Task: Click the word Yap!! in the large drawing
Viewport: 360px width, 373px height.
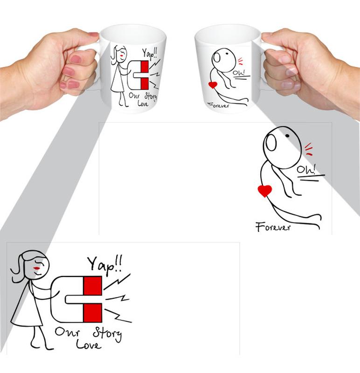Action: (105, 264)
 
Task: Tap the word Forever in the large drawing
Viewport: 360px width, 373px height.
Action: (273, 227)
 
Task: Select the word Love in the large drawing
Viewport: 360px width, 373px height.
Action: (89, 345)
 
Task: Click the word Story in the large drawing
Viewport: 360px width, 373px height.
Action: (107, 333)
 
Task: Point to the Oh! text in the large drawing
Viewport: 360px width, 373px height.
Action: (307, 169)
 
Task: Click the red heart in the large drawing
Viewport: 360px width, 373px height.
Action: (264, 191)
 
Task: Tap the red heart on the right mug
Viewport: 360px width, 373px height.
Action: (213, 85)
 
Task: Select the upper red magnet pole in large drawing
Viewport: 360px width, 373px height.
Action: (92, 285)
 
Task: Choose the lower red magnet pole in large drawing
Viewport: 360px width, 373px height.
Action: (92, 312)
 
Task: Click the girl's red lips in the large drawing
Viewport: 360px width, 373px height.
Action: (37, 269)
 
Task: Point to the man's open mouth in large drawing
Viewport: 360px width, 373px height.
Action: (271, 143)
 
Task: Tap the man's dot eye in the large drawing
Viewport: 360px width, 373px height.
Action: (287, 136)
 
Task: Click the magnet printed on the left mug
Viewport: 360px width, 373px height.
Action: (138, 75)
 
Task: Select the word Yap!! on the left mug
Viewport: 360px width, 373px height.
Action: (150, 54)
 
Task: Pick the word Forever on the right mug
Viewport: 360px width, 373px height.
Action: (218, 105)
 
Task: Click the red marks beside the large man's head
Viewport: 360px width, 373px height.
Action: (309, 149)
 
